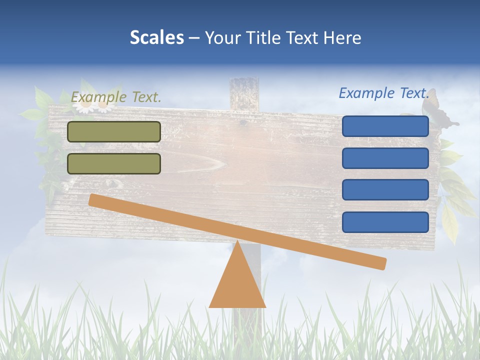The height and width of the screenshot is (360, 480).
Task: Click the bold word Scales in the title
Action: [x=156, y=37]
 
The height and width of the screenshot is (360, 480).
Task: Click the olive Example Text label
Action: [x=116, y=97]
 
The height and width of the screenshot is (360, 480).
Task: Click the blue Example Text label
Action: [x=384, y=93]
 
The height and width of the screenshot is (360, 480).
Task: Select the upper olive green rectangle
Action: [x=114, y=131]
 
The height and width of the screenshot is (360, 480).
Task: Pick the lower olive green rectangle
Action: [x=114, y=163]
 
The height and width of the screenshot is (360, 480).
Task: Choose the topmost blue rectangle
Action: [x=385, y=126]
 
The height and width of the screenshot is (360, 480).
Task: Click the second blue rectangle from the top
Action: [x=385, y=158]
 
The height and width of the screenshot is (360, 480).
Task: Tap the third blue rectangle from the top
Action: [x=385, y=190]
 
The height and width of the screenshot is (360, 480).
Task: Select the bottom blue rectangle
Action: [x=385, y=222]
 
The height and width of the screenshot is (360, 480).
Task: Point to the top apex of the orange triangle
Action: [x=237, y=242]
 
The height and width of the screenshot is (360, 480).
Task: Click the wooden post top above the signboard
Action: [x=244, y=90]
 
